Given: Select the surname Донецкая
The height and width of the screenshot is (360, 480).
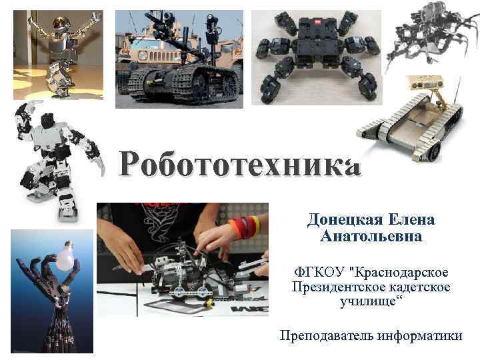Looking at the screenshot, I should (x=341, y=219).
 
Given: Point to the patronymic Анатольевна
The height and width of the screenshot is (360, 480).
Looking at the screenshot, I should (x=371, y=236).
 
